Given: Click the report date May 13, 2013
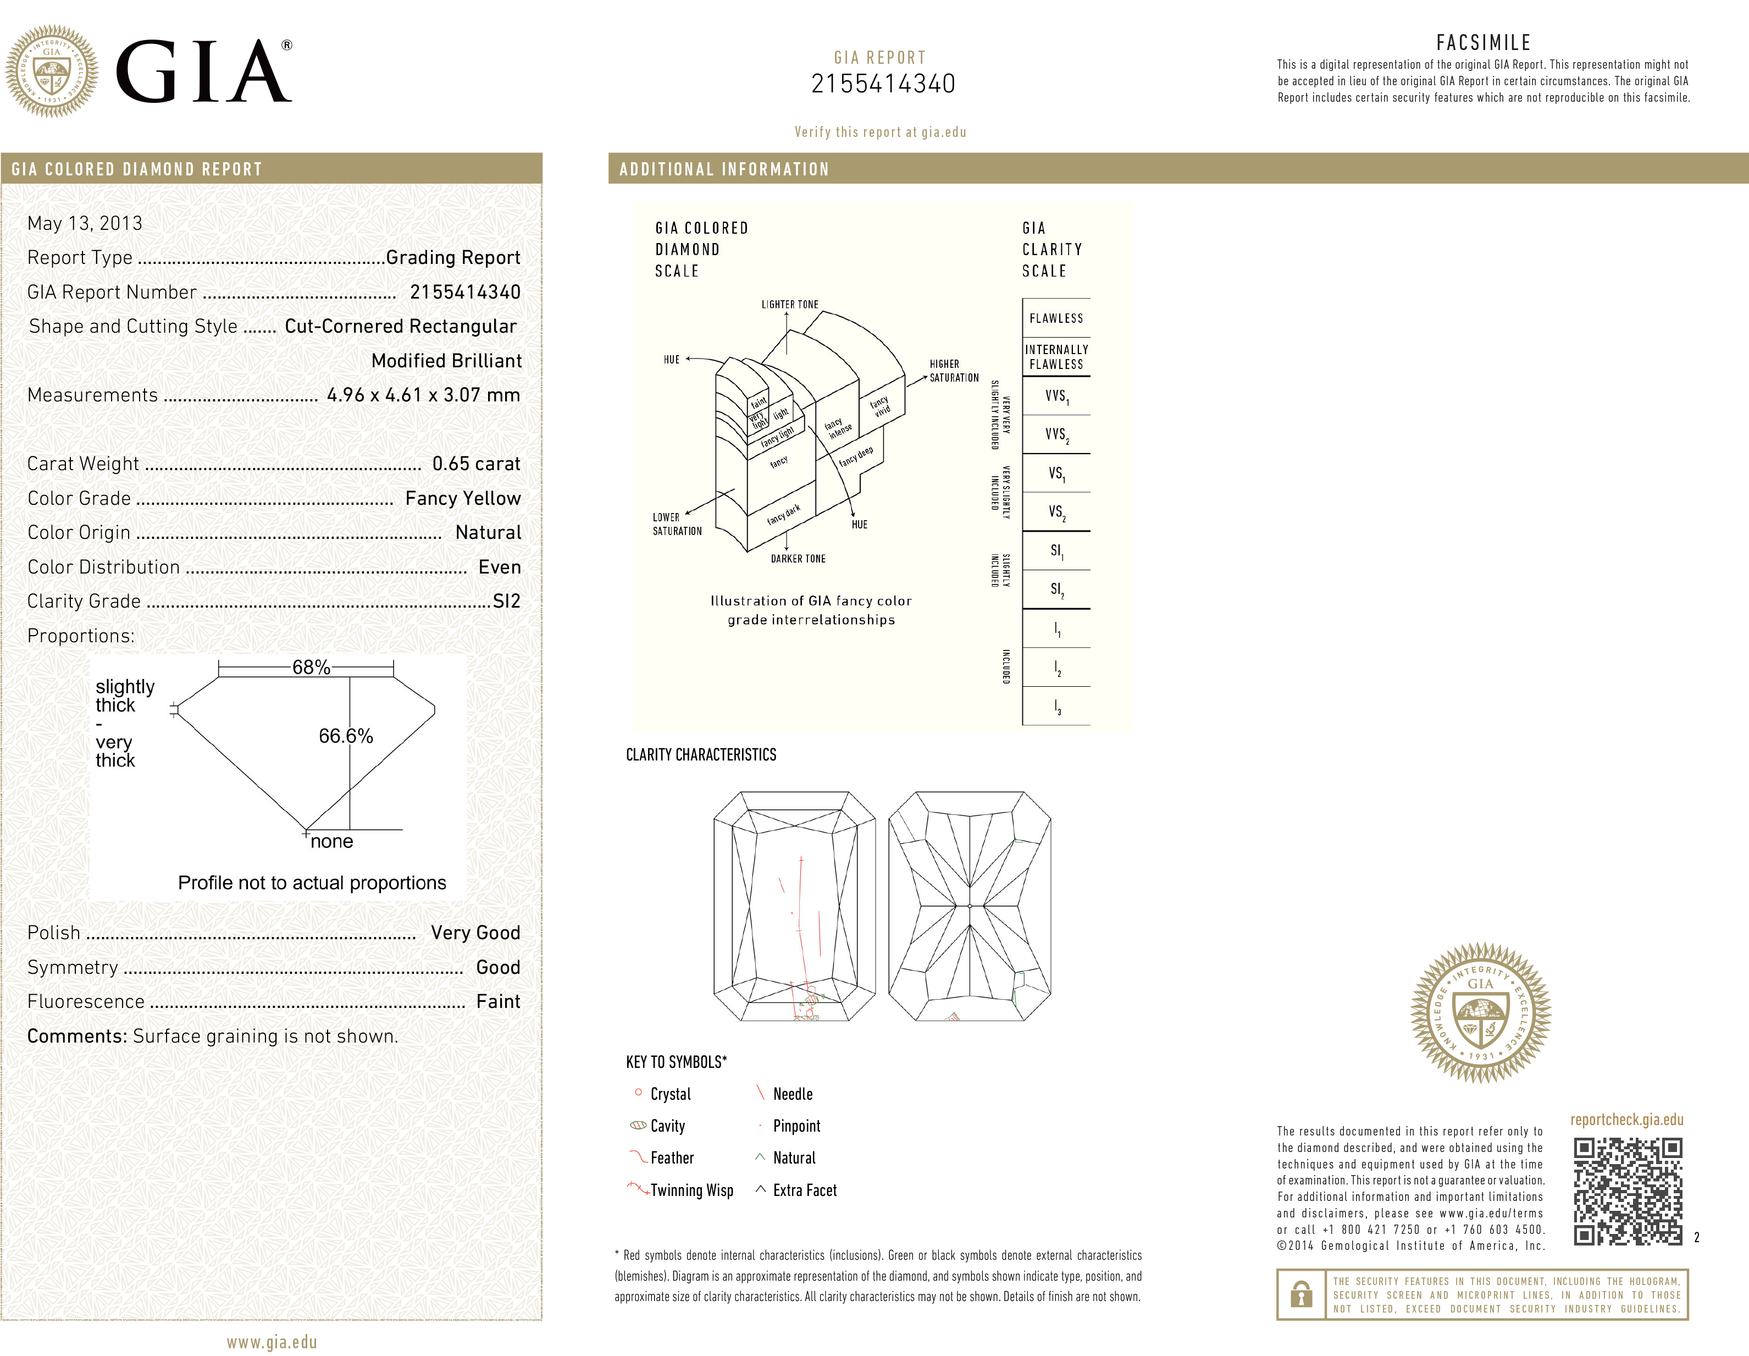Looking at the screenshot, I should (x=85, y=223).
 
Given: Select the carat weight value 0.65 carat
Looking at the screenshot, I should (x=475, y=464).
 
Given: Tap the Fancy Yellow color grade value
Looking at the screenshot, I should (x=462, y=498).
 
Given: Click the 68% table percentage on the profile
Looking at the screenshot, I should (x=311, y=667).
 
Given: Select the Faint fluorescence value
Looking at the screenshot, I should (x=497, y=1002).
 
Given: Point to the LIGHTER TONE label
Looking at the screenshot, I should (x=790, y=305).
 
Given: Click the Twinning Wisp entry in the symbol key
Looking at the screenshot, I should (x=690, y=1190).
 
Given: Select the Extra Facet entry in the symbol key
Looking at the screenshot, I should (x=804, y=1190).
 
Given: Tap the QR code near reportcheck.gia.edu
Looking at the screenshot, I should (x=1628, y=1192).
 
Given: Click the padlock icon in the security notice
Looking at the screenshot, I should (x=1302, y=1294).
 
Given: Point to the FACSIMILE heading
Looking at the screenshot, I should (x=1482, y=42).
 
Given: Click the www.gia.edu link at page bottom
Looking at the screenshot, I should (x=272, y=1342).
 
